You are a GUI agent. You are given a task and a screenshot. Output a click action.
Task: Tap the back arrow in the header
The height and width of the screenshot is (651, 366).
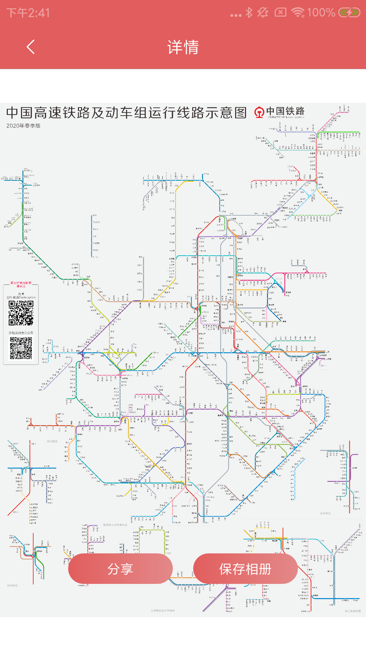pyautogui.click(x=30, y=47)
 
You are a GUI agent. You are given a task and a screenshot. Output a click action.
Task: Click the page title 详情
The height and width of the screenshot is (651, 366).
pyautogui.click(x=183, y=47)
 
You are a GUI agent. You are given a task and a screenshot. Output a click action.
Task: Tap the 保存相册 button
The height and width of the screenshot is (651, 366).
pyautogui.click(x=245, y=569)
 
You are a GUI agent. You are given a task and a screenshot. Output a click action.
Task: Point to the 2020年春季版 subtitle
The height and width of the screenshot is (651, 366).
pyautogui.click(x=23, y=126)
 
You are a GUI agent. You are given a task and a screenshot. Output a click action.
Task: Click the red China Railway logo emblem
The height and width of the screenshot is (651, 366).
pyautogui.click(x=259, y=112)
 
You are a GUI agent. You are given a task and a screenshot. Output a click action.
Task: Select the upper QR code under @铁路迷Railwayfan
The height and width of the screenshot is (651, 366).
pyautogui.click(x=21, y=313)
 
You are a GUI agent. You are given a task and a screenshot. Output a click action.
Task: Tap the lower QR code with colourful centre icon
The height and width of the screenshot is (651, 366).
pyautogui.click(x=21, y=348)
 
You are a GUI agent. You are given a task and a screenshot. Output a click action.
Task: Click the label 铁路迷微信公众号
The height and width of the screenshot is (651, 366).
pyautogui.click(x=21, y=333)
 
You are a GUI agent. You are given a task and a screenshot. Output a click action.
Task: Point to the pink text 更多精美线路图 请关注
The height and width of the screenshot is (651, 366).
pyautogui.click(x=21, y=284)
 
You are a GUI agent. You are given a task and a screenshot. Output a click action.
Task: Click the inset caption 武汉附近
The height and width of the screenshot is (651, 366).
pyautogui.click(x=52, y=441)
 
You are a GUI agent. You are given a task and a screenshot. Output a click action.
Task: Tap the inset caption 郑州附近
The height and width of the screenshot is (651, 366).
pyautogui.click(x=13, y=586)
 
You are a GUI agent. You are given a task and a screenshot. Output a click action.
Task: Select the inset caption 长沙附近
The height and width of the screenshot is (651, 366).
pyautogui.click(x=325, y=513)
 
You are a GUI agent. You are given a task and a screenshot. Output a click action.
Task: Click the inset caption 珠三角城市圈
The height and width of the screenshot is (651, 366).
pyautogui.click(x=353, y=611)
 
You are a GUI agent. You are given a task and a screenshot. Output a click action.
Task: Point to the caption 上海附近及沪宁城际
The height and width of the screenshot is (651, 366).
pyautogui.click(x=163, y=610)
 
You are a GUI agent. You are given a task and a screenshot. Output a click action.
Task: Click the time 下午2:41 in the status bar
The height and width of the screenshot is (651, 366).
pyautogui.click(x=28, y=13)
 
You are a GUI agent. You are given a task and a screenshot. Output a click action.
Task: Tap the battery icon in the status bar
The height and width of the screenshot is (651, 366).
pyautogui.click(x=349, y=13)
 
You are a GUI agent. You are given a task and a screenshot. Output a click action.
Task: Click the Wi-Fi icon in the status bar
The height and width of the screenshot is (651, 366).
pyautogui.click(x=298, y=13)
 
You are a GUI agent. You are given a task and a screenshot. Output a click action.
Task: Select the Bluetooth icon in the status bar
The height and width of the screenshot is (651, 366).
pyautogui.click(x=249, y=13)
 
